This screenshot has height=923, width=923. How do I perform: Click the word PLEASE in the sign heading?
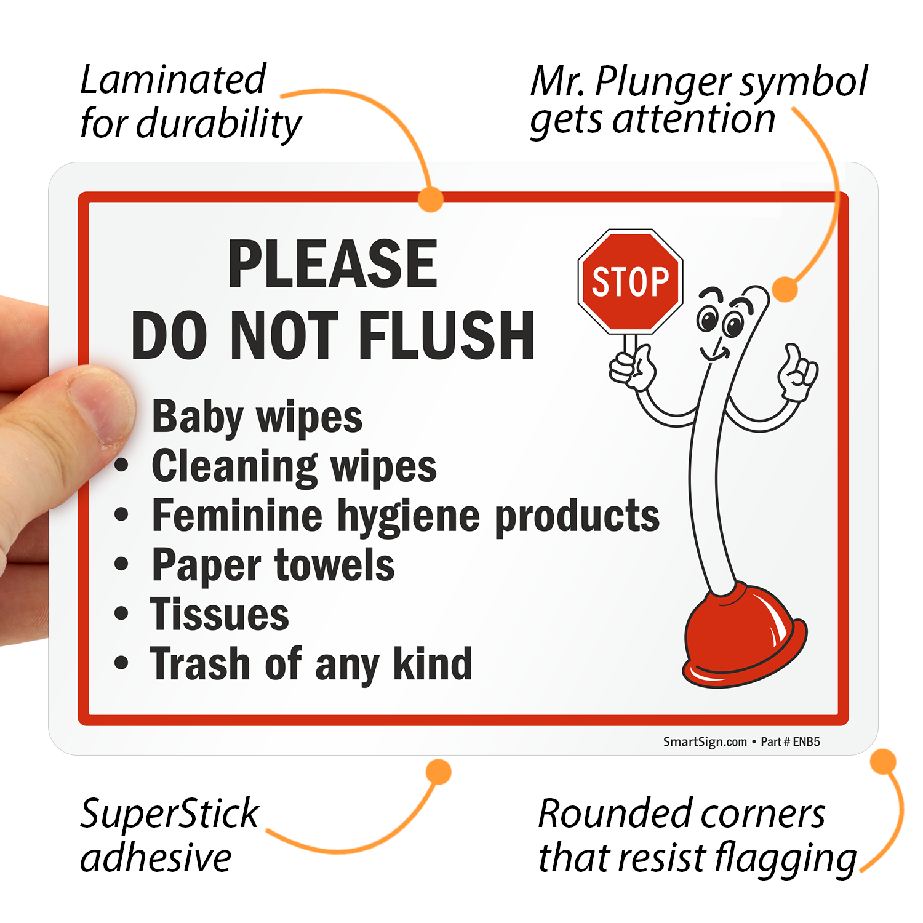332,264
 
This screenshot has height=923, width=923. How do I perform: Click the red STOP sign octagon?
630,282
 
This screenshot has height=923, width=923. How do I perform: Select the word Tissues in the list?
220,614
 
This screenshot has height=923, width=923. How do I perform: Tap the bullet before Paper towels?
122,564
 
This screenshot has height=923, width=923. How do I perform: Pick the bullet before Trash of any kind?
122,663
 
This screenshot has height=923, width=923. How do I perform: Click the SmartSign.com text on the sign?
705,742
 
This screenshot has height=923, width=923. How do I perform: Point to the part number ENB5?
806,742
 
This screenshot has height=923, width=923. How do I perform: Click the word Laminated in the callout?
173,80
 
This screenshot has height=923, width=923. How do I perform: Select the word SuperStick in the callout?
169,813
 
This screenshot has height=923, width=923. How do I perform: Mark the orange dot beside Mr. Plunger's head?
785,289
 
